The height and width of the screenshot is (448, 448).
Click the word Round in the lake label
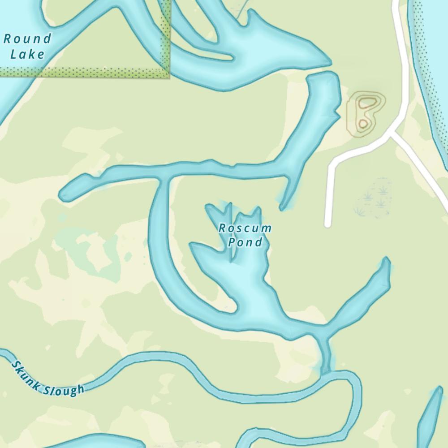pyautogui.click(x=27, y=39)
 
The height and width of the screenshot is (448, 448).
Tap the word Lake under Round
pyautogui.click(x=27, y=55)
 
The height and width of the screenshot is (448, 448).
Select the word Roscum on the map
pyautogui.click(x=245, y=228)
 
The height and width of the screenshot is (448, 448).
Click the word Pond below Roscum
pyautogui.click(x=245, y=242)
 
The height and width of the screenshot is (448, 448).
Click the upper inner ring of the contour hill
pyautogui.click(x=367, y=103)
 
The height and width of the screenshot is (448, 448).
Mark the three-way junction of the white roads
pyautogui.click(x=392, y=133)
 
